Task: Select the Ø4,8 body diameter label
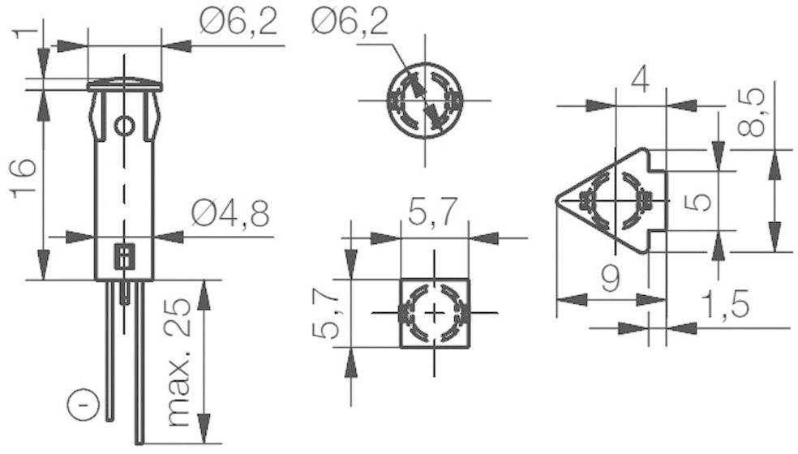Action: [230, 213]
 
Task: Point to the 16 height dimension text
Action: [24, 178]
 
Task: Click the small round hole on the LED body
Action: [124, 126]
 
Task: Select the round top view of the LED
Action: [425, 101]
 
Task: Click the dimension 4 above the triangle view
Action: [641, 81]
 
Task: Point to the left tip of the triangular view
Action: [558, 199]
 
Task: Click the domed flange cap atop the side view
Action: [124, 84]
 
